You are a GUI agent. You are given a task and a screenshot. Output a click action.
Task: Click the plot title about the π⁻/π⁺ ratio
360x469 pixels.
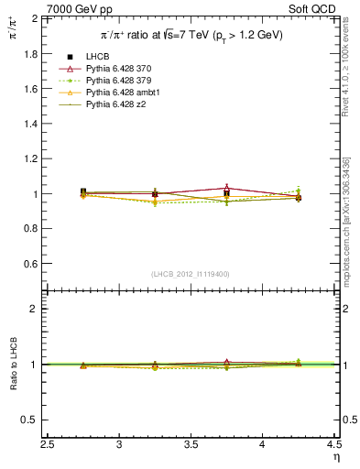pos(191,35)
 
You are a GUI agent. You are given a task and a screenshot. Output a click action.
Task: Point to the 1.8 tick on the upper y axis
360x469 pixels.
pos(29,53)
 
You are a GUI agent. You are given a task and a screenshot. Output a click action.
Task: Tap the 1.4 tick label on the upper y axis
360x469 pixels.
pos(29,124)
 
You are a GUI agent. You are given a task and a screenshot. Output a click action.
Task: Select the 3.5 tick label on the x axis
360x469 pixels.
pos(191,446)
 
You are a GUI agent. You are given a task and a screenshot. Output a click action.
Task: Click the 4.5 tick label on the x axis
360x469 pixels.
pos(334,446)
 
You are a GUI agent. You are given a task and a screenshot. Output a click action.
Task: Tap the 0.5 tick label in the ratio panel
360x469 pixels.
pos(29,420)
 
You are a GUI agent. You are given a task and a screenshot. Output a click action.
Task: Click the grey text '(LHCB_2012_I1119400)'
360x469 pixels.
pos(191,274)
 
